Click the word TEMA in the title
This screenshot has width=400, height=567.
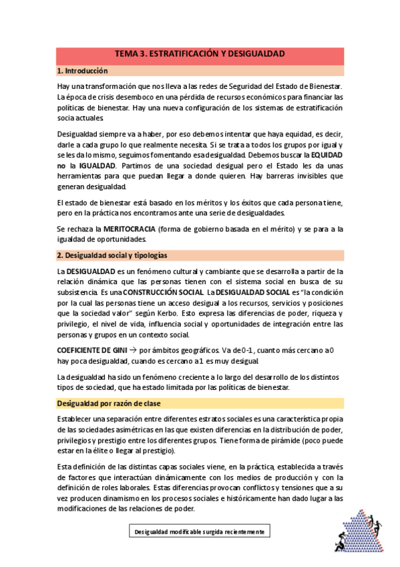pyautogui.click(x=128, y=53)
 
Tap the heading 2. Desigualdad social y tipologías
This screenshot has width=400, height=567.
pyautogui.click(x=112, y=255)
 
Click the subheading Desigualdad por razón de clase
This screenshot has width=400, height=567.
pyautogui.click(x=110, y=403)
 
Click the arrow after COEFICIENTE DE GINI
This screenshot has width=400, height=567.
pyautogui.click(x=133, y=349)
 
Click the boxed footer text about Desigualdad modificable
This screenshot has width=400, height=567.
pyautogui.click(x=200, y=532)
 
